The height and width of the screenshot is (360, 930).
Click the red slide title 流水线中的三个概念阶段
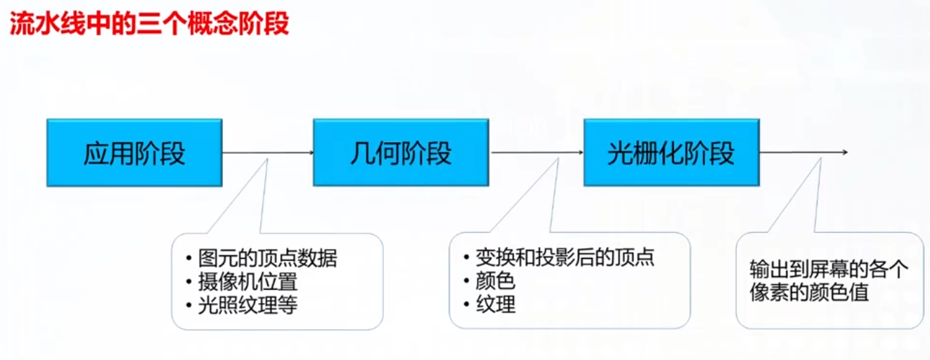pyautogui.click(x=149, y=22)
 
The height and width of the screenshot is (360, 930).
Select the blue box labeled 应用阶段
pyautogui.click(x=134, y=153)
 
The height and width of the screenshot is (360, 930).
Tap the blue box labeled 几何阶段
pyautogui.click(x=401, y=153)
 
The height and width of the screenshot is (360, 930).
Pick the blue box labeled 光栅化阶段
pyautogui.click(x=672, y=153)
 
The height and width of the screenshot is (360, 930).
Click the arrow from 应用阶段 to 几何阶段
pyautogui.click(x=268, y=153)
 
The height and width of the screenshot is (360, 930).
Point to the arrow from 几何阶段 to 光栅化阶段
pyautogui.click(x=536, y=153)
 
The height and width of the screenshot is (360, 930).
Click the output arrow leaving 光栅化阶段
pyautogui.click(x=803, y=153)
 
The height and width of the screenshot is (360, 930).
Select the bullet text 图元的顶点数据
pyautogui.click(x=267, y=258)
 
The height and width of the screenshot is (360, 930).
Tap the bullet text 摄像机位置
pyautogui.click(x=247, y=282)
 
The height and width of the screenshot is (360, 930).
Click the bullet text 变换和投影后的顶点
pyautogui.click(x=564, y=257)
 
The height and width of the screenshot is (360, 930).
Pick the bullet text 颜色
pyautogui.click(x=496, y=281)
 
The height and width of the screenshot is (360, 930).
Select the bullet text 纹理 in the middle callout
pyautogui.click(x=496, y=304)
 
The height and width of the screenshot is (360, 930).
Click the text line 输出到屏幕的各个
pyautogui.click(x=829, y=269)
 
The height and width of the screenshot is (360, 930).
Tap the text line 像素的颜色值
pyautogui.click(x=809, y=292)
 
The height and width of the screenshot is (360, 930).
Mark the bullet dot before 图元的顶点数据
pyautogui.click(x=189, y=259)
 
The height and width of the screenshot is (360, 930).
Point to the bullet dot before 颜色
pyautogui.click(x=466, y=281)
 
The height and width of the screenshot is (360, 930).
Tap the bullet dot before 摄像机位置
pyautogui.click(x=189, y=283)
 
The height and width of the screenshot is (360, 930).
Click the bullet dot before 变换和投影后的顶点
pyautogui.click(x=466, y=258)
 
